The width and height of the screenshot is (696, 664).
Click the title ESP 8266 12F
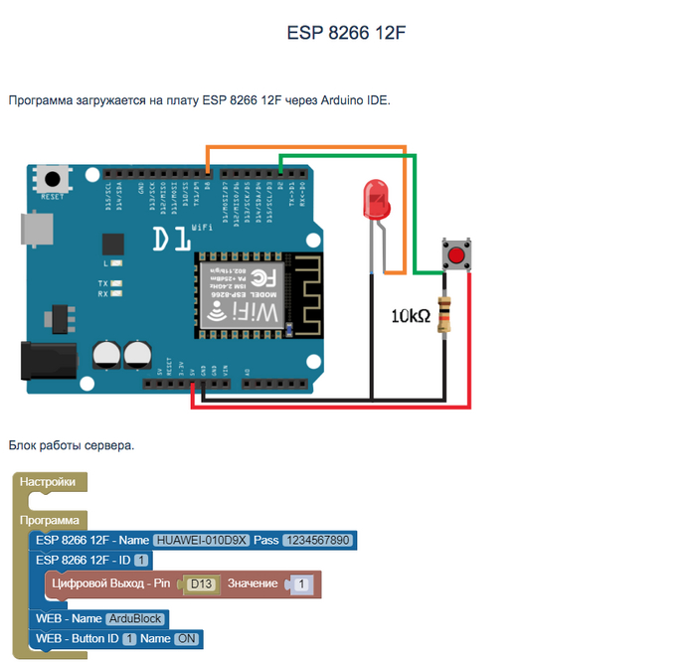click(x=346, y=34)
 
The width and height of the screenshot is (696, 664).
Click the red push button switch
click(x=456, y=256)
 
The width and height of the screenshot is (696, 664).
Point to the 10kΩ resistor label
click(x=411, y=316)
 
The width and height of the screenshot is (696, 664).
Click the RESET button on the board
click(x=51, y=180)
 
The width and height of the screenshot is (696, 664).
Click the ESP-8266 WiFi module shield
click(x=240, y=294)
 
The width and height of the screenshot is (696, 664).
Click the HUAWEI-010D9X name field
click(x=199, y=541)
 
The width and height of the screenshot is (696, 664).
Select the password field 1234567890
click(x=317, y=541)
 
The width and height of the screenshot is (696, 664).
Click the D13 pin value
click(x=203, y=583)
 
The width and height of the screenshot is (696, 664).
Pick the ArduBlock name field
click(x=137, y=618)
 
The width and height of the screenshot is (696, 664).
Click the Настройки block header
click(x=48, y=482)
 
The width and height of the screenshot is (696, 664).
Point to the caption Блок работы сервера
click(x=71, y=445)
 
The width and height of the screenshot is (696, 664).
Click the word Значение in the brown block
click(x=253, y=583)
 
